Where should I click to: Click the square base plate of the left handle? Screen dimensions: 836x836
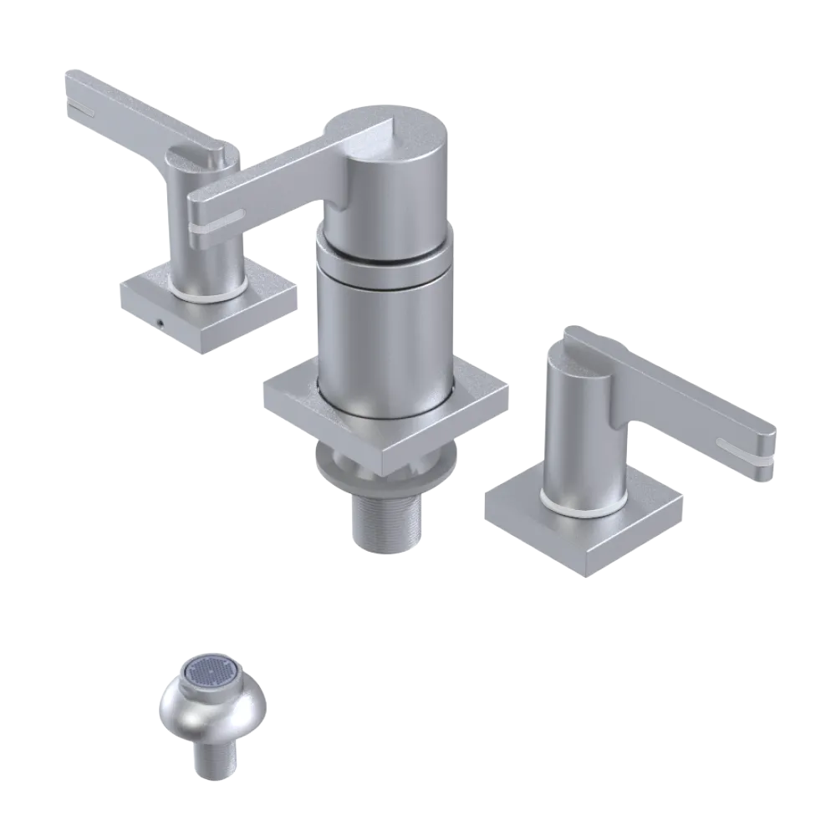tap(209, 309)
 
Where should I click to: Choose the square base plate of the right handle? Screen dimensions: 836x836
tap(585, 527)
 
